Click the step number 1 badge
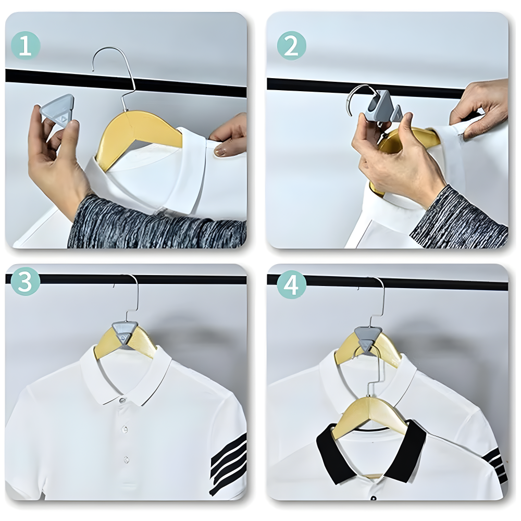click(26, 45)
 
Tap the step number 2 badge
click(292, 45)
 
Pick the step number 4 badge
click(292, 284)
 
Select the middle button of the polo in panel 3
click(125, 430)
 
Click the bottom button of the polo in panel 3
click(127, 459)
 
